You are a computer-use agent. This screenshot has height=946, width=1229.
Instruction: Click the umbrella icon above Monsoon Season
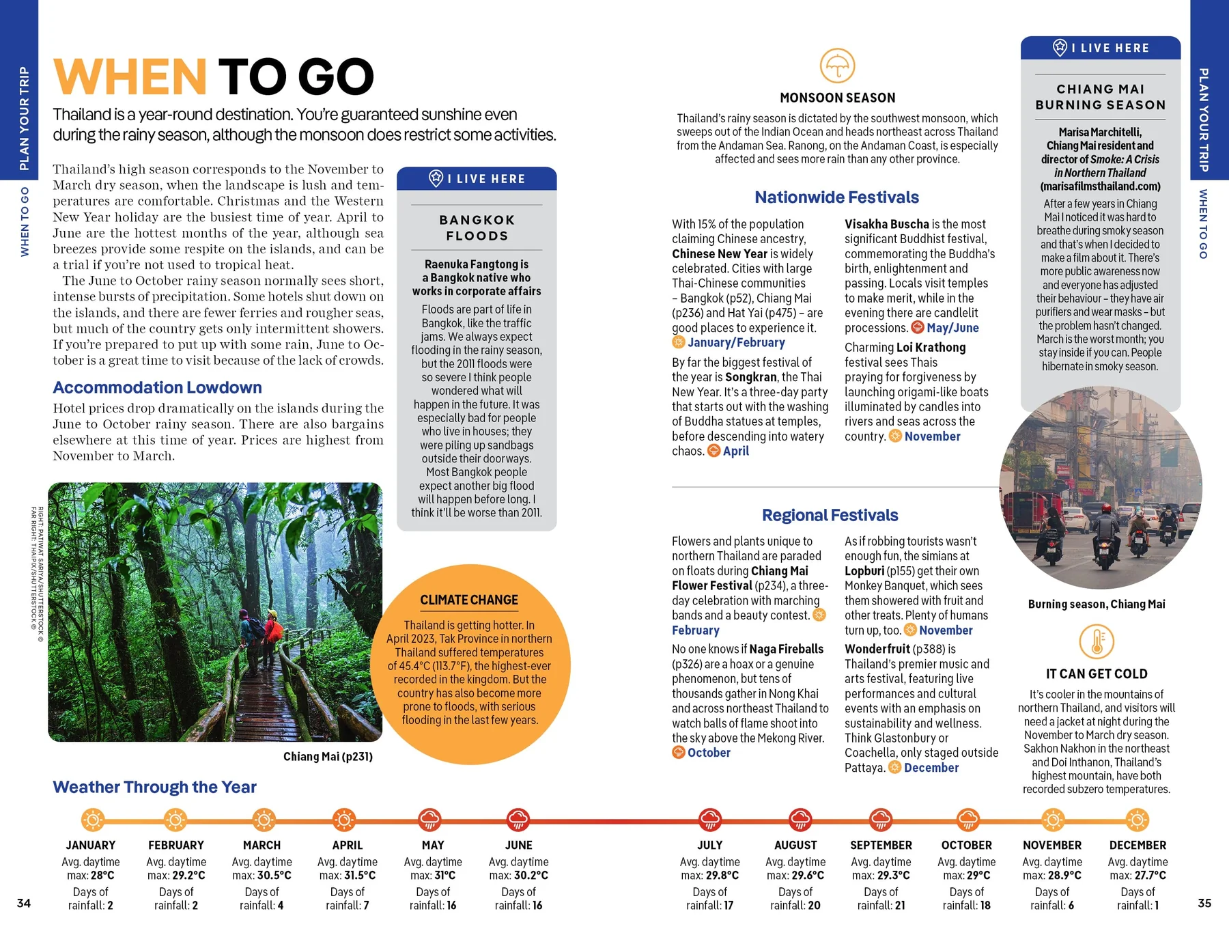[x=837, y=66]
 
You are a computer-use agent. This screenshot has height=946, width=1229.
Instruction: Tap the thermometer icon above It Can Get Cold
[x=1097, y=641]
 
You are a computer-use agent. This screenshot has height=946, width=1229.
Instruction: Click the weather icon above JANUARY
[x=93, y=820]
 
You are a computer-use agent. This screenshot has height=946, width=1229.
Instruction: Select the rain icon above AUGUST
[x=800, y=820]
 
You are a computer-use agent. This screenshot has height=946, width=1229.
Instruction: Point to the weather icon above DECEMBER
[x=1137, y=820]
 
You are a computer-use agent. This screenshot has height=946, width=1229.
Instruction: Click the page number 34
[x=24, y=903]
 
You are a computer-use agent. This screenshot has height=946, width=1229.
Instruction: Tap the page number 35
[x=1204, y=903]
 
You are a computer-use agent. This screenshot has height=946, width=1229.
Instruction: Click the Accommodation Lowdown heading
[x=157, y=387]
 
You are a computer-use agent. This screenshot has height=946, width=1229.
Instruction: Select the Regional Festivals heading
[x=830, y=515]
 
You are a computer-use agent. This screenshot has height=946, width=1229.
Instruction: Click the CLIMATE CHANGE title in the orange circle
[x=469, y=600]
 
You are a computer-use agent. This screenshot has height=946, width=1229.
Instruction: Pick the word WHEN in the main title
[x=130, y=76]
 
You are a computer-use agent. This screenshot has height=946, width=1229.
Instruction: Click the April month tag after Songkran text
[x=735, y=451]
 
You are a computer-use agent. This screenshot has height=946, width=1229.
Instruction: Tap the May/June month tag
[x=952, y=328]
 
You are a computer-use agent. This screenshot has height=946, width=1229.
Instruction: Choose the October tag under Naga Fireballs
[x=709, y=753]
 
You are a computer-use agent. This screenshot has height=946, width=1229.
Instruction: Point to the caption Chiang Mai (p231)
[x=328, y=757]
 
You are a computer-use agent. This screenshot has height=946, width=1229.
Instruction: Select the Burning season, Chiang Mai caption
[x=1097, y=604]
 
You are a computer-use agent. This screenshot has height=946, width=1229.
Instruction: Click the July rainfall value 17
[x=728, y=905]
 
